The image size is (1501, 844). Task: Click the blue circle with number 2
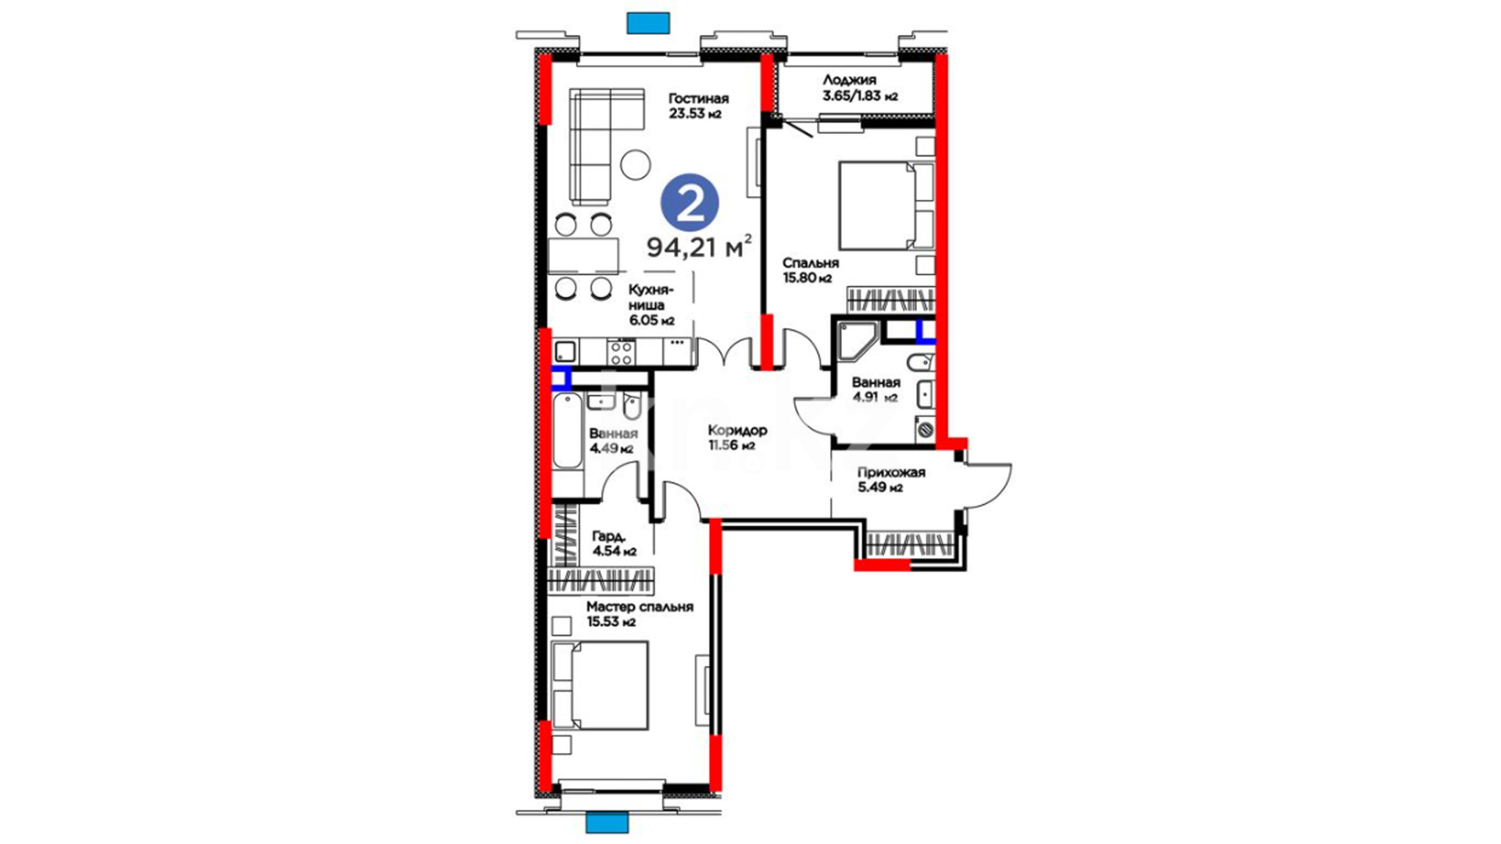689,203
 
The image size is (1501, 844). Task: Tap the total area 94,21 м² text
700,247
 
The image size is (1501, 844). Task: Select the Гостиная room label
698,98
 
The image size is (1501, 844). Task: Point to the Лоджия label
849,80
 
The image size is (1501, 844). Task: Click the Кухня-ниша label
650,298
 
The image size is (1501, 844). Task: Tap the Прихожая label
891,473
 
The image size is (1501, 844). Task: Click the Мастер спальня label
639,607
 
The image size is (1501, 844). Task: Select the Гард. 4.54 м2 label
614,544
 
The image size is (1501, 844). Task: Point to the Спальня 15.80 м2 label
811,270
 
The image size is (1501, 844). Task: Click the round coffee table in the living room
636,164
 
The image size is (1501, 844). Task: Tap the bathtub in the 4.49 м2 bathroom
568,431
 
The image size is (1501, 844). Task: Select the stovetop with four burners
622,352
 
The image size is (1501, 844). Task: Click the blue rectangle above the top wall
648,23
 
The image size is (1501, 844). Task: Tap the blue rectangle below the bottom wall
607,823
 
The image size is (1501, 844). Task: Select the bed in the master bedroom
600,685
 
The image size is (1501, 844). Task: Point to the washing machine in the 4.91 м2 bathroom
926,429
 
